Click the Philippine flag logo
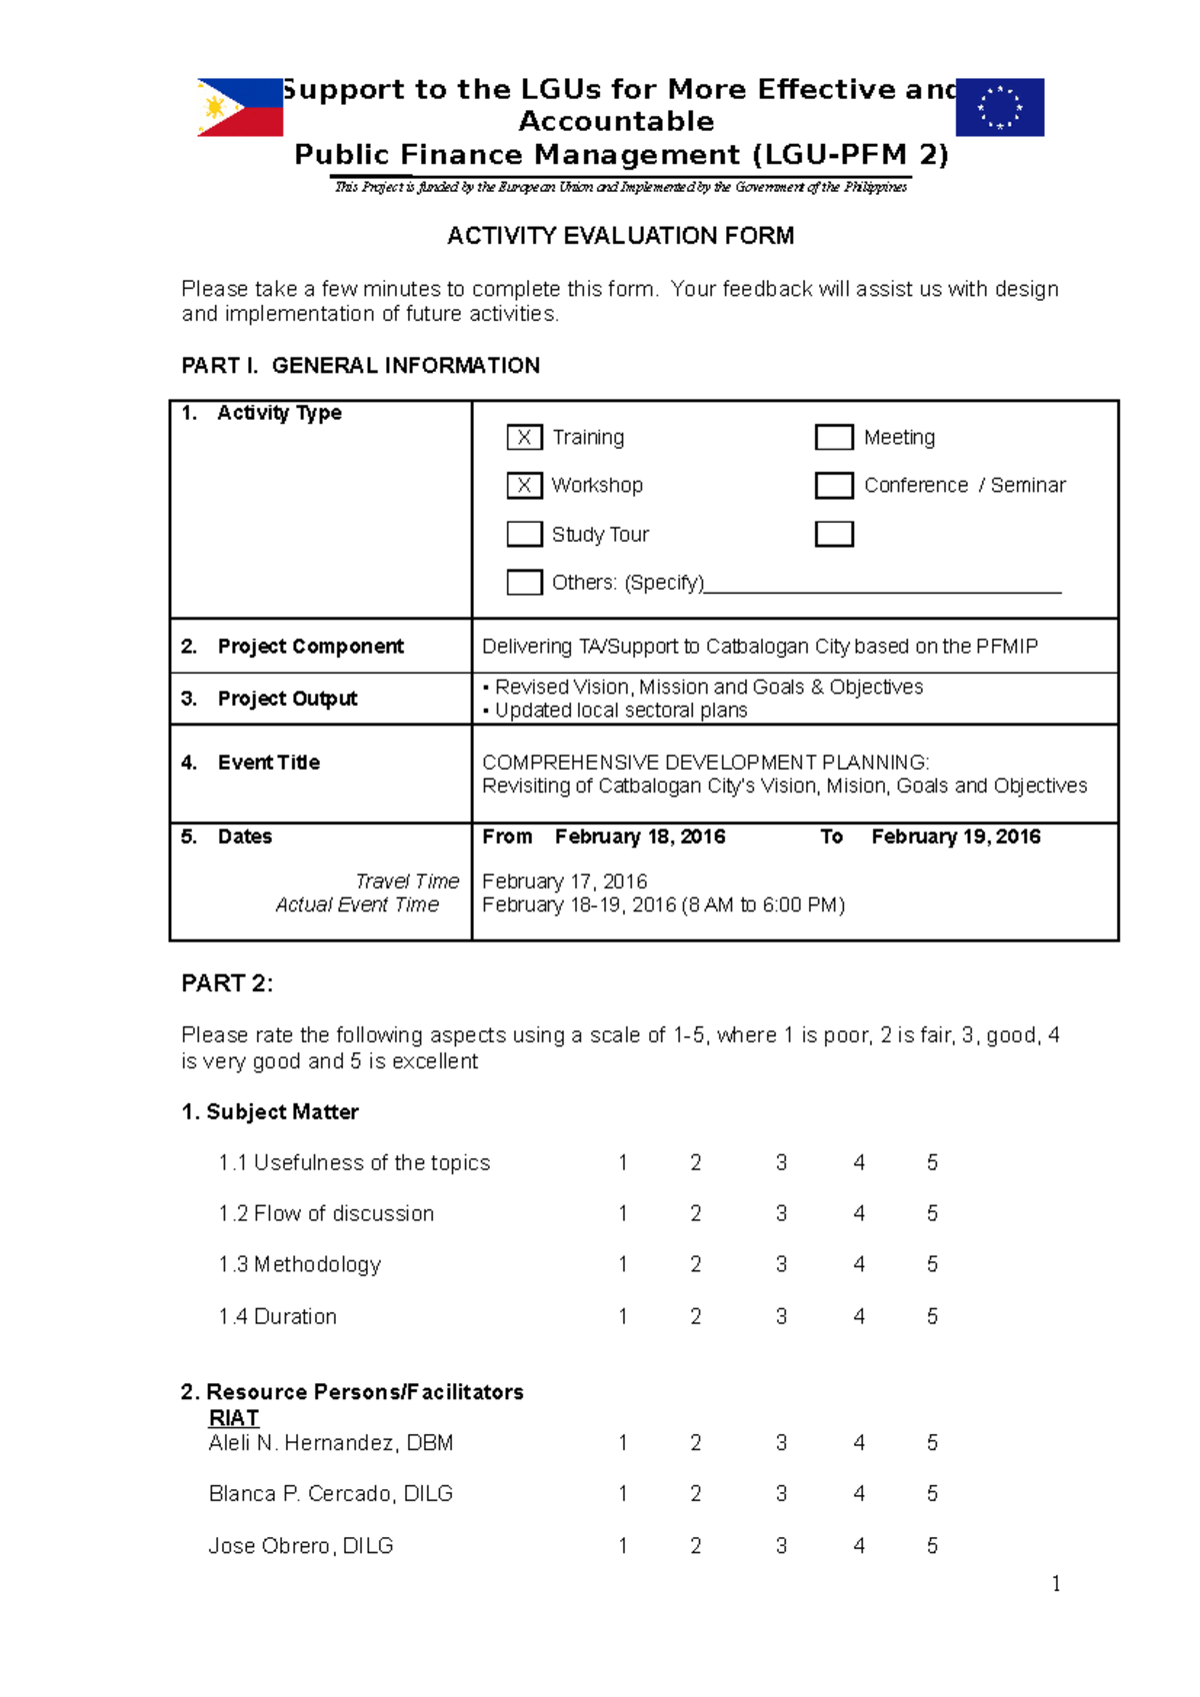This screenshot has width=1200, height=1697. pyautogui.click(x=240, y=107)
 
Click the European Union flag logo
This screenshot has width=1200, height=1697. pyautogui.click(x=999, y=107)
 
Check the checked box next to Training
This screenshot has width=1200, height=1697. pyautogui.click(x=524, y=438)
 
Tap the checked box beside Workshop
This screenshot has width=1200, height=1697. pyautogui.click(x=524, y=486)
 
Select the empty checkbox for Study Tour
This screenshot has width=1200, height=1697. pyautogui.click(x=524, y=534)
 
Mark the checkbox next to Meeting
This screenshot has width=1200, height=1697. pyautogui.click(x=834, y=438)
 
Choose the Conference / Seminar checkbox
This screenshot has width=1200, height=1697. pyautogui.click(x=834, y=486)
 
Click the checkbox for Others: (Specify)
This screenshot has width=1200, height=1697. pyautogui.click(x=524, y=582)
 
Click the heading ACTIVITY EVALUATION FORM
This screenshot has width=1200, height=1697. pyautogui.click(x=620, y=236)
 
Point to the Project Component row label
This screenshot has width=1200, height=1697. pyautogui.click(x=310, y=647)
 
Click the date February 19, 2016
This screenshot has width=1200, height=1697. pyautogui.click(x=955, y=837)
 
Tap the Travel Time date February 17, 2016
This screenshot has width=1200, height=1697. pyautogui.click(x=564, y=881)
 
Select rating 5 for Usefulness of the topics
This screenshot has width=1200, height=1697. pyautogui.click(x=932, y=1162)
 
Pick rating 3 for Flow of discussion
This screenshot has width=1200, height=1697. pyautogui.click(x=781, y=1213)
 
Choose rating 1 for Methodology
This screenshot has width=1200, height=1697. pyautogui.click(x=623, y=1264)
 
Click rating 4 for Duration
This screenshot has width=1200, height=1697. pyautogui.click(x=859, y=1316)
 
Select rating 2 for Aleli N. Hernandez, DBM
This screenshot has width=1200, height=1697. pyautogui.click(x=696, y=1442)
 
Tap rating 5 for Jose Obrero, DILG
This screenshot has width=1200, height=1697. pyautogui.click(x=932, y=1546)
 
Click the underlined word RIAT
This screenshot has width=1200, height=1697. pyautogui.click(x=234, y=1418)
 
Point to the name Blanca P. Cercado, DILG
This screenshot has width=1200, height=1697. pyautogui.click(x=330, y=1493)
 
